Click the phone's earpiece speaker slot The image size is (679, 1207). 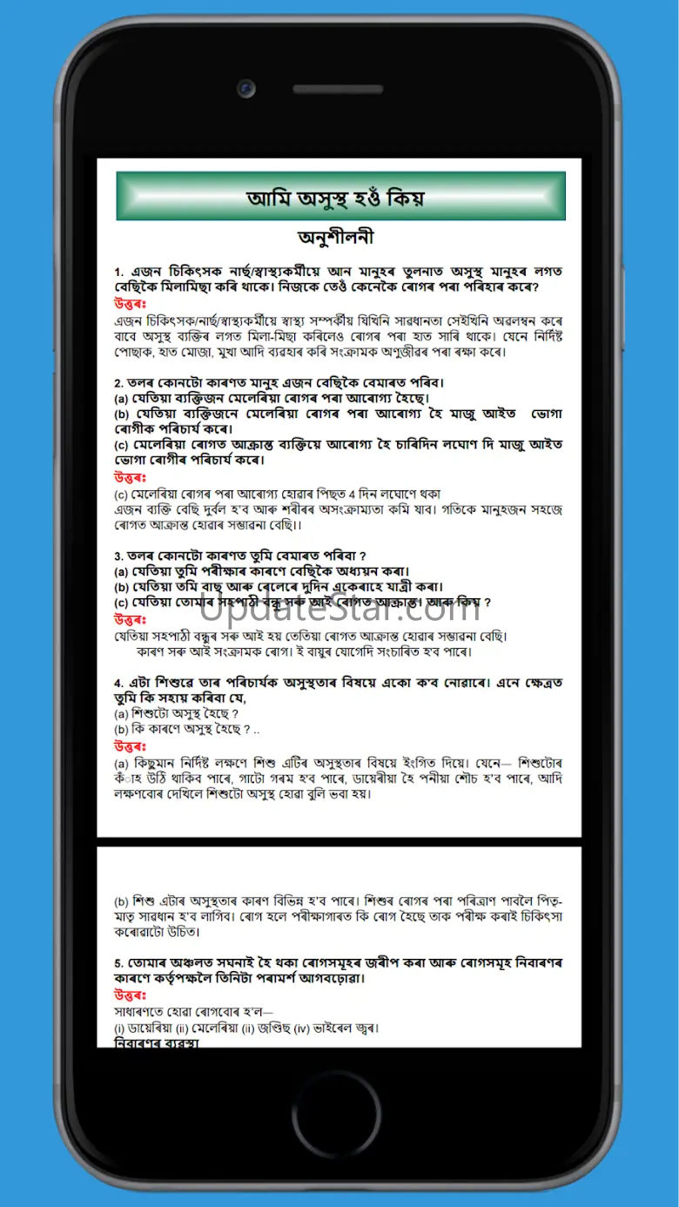click(x=340, y=89)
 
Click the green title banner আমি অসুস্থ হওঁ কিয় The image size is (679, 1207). click(x=340, y=197)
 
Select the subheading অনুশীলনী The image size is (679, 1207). click(x=336, y=238)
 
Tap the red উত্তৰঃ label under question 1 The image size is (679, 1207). click(x=130, y=304)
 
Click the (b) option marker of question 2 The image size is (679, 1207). click(x=122, y=414)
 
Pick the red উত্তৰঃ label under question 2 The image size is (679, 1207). click(x=130, y=477)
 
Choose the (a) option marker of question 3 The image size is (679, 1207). click(x=122, y=571)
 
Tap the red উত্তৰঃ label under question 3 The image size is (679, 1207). click(x=130, y=619)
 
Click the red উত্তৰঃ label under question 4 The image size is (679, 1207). click(x=130, y=746)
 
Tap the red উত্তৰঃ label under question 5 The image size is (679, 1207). click(x=130, y=995)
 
